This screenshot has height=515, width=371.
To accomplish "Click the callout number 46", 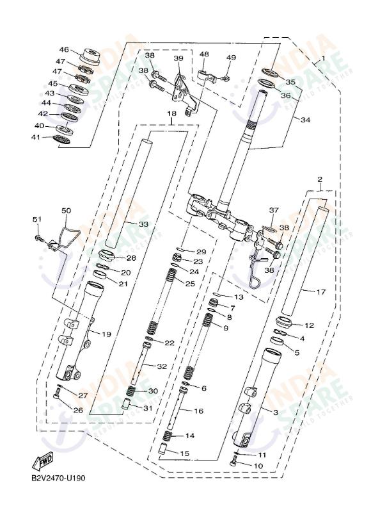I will [x=64, y=50].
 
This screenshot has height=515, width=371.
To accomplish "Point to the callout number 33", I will [x=143, y=224].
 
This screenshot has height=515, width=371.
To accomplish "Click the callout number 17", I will [x=321, y=292].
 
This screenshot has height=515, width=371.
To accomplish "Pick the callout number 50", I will [x=67, y=210].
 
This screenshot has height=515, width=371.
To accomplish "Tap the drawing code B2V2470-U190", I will [x=58, y=478].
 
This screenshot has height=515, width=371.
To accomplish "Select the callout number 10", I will [x=258, y=466].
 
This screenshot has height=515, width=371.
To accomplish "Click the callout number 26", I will [x=77, y=410].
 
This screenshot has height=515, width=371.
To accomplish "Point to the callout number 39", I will [x=178, y=59].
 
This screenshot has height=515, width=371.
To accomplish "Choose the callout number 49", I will [x=231, y=58].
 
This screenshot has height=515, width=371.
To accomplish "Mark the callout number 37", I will [x=274, y=210].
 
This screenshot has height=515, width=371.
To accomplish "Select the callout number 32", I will [x=162, y=366].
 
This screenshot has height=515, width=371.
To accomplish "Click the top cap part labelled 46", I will [x=89, y=56].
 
